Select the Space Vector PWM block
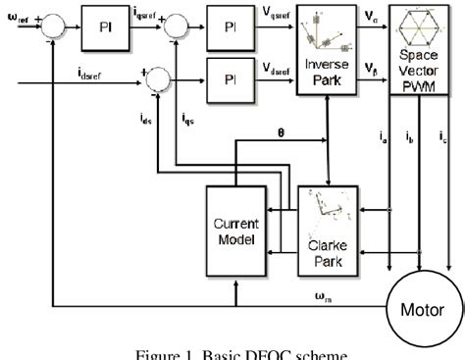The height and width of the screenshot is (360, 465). tap(421, 46)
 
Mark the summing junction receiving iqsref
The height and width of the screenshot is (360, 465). tap(178, 21)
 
